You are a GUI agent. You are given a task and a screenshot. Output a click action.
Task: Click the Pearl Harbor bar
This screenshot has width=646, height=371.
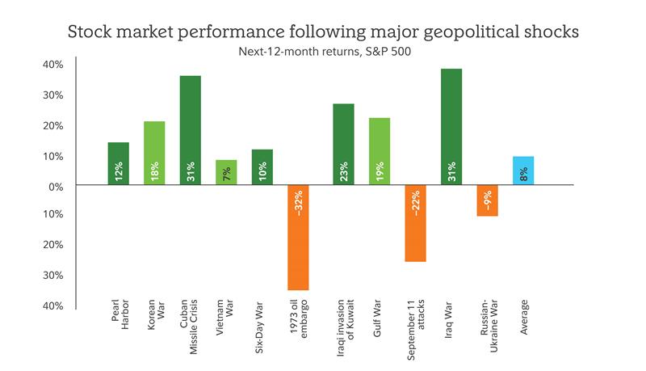tap(118, 164)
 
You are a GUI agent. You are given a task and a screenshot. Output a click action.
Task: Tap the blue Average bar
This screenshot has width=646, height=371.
tap(523, 171)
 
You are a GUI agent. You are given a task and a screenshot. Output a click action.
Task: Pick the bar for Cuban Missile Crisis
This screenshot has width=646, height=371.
tap(190, 130)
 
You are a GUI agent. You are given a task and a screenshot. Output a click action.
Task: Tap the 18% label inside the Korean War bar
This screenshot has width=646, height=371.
tap(154, 171)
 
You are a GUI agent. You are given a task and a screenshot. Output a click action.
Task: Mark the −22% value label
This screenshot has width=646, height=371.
tap(415, 209)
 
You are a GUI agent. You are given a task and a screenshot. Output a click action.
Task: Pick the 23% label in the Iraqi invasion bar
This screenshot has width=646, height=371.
tap(343, 171)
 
